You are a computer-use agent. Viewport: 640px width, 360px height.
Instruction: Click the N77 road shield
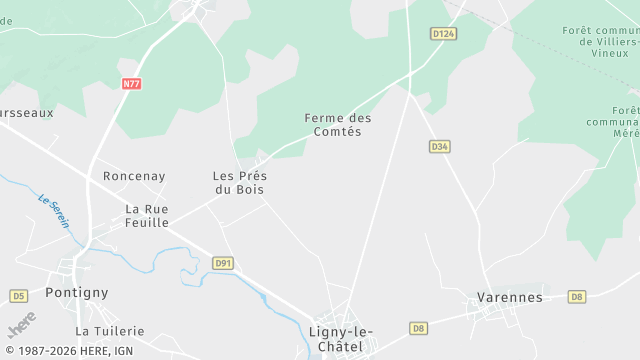click(x=132, y=84)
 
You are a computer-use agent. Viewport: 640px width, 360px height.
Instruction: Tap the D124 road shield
click(x=444, y=34)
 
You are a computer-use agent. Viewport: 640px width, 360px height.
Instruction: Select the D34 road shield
click(x=440, y=146)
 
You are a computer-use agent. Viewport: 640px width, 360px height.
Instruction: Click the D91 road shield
click(x=223, y=263)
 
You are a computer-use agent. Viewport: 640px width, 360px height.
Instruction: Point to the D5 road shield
click(x=18, y=296)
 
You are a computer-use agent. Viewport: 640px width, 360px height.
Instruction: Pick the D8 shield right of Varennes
click(x=576, y=297)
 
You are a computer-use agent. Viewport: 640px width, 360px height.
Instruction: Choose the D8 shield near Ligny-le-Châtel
click(x=419, y=328)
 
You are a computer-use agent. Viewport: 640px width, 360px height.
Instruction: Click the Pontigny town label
click(x=76, y=293)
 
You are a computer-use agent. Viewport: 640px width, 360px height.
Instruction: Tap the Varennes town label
click(x=509, y=297)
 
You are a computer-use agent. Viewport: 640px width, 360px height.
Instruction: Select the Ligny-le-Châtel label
click(x=340, y=339)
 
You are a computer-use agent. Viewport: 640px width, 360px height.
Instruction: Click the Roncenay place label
click(x=134, y=176)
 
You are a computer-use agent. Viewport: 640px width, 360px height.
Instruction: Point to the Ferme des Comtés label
click(x=338, y=125)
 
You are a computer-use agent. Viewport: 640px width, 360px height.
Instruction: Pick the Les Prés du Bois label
click(x=240, y=182)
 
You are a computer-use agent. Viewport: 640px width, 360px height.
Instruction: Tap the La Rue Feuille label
click(x=147, y=215)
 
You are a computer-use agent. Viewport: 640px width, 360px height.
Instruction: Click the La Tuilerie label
click(x=110, y=331)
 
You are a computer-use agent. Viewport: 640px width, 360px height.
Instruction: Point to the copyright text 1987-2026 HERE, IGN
click(x=68, y=351)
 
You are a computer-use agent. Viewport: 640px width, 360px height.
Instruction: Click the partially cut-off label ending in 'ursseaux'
click(x=26, y=113)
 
